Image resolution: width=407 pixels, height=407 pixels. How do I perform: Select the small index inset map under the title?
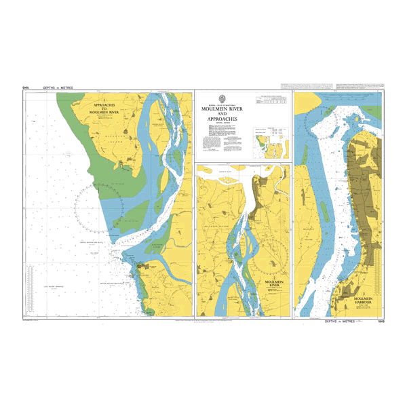pyautogui.click(x=270, y=142)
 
